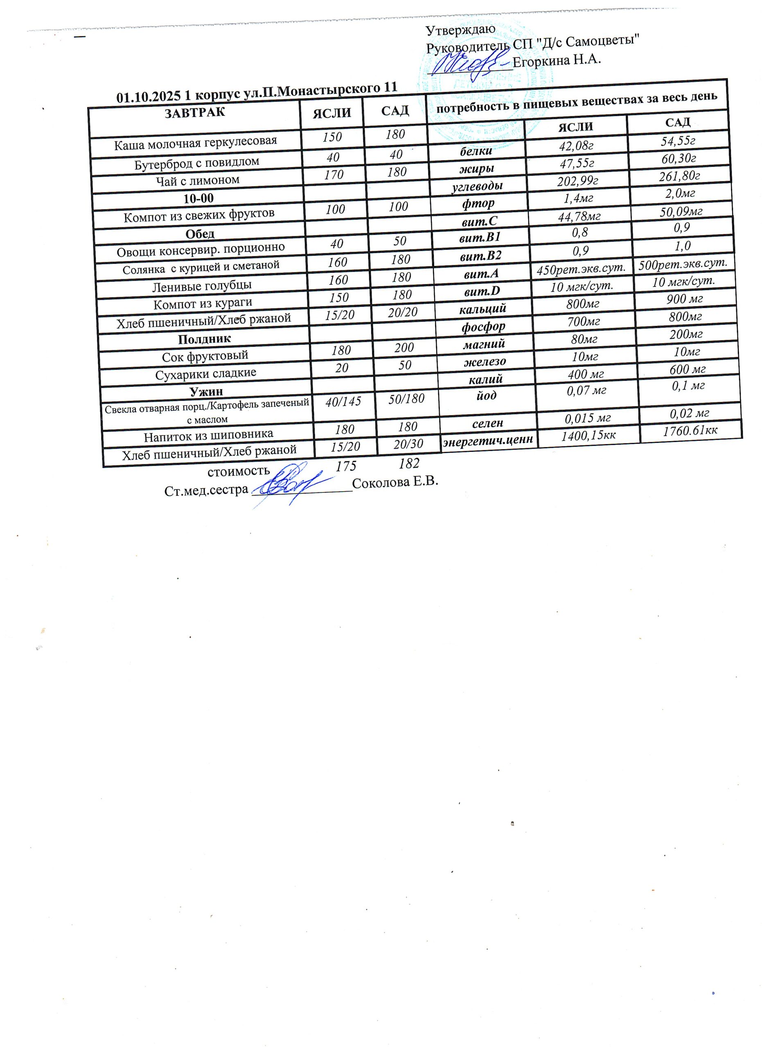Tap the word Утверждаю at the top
click(x=460, y=29)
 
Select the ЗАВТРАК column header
click(x=194, y=112)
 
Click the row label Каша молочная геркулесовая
click(x=195, y=143)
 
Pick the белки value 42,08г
click(x=576, y=146)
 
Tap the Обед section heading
click(x=200, y=234)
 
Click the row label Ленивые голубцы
click(x=202, y=286)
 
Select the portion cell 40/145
click(x=343, y=402)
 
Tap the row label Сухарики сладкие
click(x=205, y=373)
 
